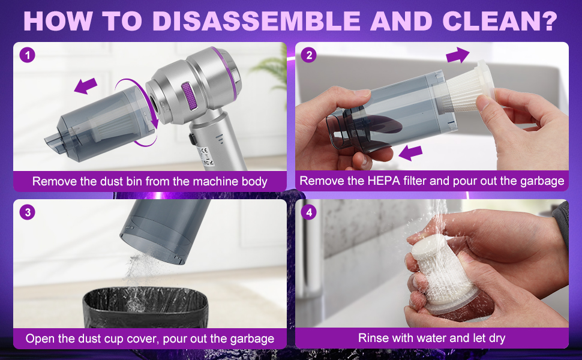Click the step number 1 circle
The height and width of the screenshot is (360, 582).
(27, 55)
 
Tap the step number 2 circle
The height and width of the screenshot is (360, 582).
(309, 55)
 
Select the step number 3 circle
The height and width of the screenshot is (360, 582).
(27, 212)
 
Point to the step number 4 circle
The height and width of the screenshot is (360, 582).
(309, 212)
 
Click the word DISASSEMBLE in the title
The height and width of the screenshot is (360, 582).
(256, 20)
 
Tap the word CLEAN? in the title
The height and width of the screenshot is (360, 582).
(500, 20)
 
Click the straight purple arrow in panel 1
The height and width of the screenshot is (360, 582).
(86, 86)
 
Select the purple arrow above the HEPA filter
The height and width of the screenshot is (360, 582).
(458, 55)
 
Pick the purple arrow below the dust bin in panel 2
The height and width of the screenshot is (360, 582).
(410, 152)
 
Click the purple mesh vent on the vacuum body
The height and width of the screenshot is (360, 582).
(189, 96)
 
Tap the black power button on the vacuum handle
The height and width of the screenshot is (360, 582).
(192, 139)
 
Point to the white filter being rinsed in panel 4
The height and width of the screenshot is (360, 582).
(443, 275)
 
